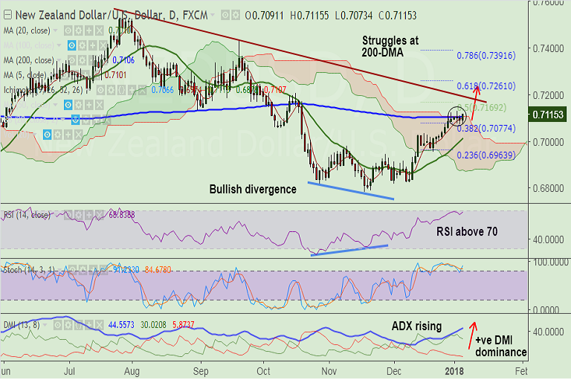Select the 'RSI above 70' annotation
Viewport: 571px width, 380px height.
click(466, 231)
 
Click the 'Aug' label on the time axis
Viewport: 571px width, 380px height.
click(134, 369)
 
